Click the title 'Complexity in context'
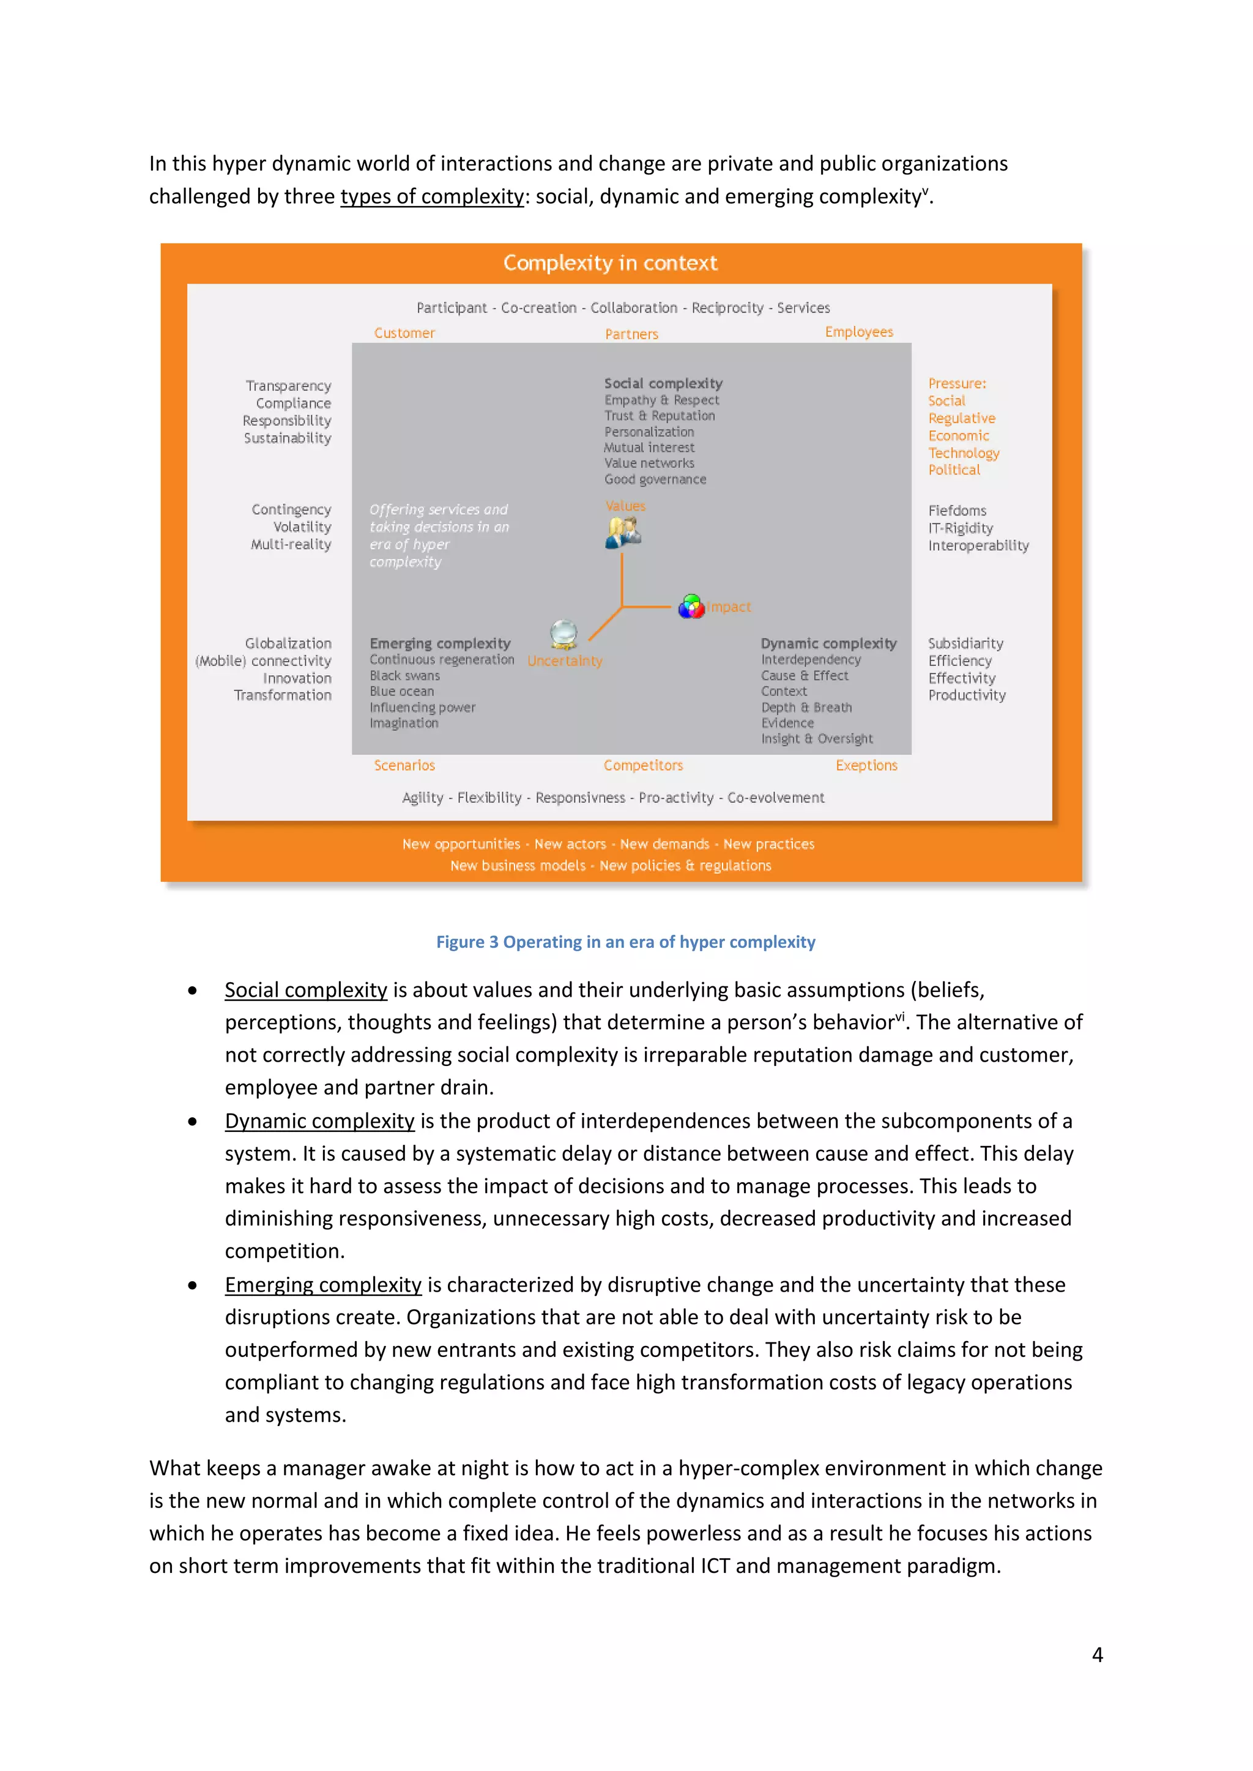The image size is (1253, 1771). click(x=609, y=263)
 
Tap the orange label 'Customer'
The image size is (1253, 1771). click(x=404, y=333)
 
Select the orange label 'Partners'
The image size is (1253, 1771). click(x=631, y=334)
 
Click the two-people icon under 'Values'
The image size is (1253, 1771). click(x=623, y=532)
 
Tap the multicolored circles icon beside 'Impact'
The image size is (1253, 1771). click(x=691, y=607)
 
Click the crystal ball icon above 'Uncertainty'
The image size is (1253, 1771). click(x=564, y=634)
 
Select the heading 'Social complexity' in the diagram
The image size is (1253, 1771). click(x=663, y=383)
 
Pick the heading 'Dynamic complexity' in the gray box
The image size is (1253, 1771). click(x=828, y=643)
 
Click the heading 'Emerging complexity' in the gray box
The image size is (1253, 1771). click(x=440, y=643)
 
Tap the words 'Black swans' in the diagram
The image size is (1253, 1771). click(x=404, y=676)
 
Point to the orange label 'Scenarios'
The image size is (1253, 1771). click(x=404, y=765)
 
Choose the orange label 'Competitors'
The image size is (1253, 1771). click(x=642, y=765)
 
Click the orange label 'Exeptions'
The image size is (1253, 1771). click(x=866, y=765)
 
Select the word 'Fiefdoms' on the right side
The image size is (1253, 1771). click(x=957, y=511)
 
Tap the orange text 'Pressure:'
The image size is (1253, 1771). click(x=957, y=383)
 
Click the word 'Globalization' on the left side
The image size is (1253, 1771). click(x=288, y=643)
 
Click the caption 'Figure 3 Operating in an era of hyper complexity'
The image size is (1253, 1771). click(x=625, y=942)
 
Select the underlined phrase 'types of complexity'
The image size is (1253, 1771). click(x=432, y=197)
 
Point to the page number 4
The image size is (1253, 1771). click(x=1096, y=1655)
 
